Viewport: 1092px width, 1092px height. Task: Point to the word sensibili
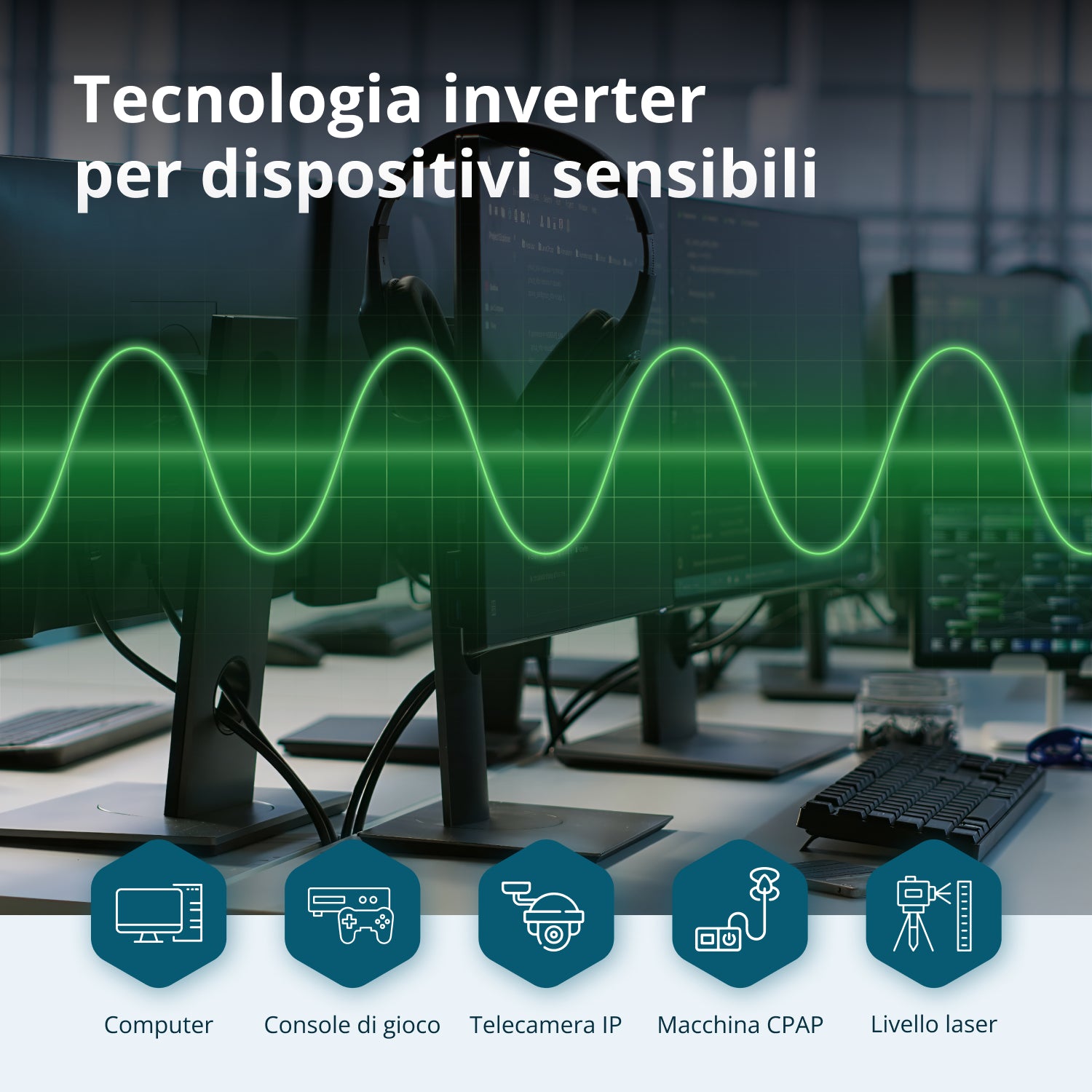coord(684,175)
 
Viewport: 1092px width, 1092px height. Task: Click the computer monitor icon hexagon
coord(159,914)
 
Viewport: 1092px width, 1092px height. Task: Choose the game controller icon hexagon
coord(352,914)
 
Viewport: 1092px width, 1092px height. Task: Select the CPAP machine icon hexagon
coord(740,914)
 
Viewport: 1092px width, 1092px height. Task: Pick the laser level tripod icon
coord(933,914)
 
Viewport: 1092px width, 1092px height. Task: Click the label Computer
coord(159,1024)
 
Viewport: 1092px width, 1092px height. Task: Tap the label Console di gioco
coord(352,1024)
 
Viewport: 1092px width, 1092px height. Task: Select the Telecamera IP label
coord(546,1024)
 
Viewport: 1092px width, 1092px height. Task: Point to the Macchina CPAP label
coord(740,1024)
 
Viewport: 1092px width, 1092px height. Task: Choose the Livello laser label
coord(933,1024)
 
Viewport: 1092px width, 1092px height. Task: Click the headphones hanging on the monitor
coord(510,277)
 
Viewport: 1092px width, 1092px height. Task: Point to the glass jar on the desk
coord(906,710)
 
